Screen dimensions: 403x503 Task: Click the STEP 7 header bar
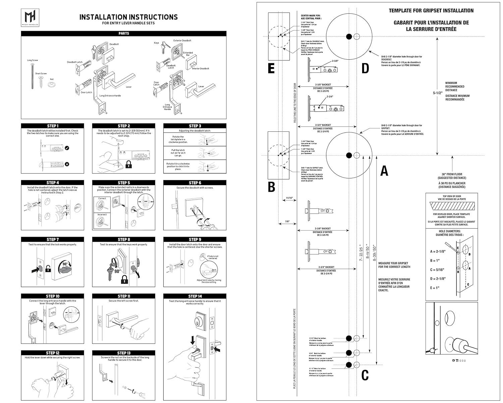53,240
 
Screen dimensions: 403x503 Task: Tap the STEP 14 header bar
195,296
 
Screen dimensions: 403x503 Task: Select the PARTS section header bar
124,34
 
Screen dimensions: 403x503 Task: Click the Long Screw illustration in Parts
33,76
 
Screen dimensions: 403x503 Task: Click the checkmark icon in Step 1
67,148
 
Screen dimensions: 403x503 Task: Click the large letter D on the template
365,68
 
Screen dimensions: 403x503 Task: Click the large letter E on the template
271,68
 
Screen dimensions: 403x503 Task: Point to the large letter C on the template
365,375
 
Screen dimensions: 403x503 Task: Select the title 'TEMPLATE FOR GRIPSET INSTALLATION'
431,11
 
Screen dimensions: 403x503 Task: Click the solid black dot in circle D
349,36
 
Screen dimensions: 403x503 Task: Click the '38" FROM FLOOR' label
452,174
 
